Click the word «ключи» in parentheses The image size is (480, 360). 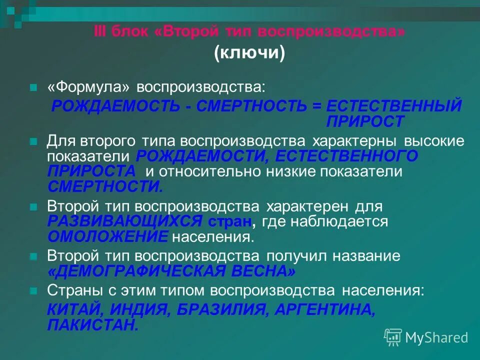click(x=250, y=52)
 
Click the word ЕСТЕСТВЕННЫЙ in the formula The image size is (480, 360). click(x=393, y=106)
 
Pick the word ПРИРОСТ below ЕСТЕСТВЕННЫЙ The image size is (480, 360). click(x=365, y=121)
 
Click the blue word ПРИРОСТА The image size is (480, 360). click(x=91, y=171)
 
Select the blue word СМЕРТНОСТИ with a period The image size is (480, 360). click(x=105, y=186)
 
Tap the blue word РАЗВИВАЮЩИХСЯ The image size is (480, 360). click(x=125, y=221)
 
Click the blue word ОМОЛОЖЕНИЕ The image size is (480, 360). click(x=108, y=236)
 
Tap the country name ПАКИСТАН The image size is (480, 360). click(x=93, y=325)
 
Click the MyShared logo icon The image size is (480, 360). click(x=393, y=337)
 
